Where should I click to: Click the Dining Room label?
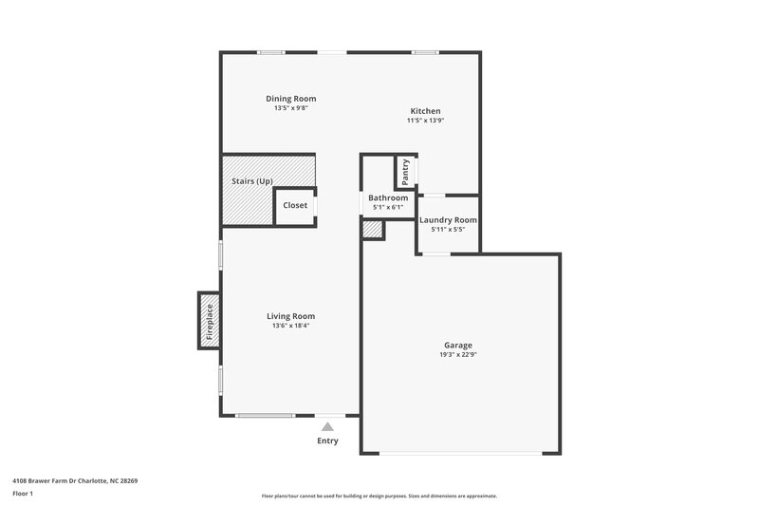pos(290,99)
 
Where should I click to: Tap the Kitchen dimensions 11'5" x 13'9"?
pos(425,121)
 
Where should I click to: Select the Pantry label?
pos(406,172)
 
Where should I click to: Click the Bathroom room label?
pos(388,197)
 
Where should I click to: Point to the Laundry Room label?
pos(448,219)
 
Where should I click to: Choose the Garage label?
pos(458,345)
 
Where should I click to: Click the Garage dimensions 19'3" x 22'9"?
pos(458,354)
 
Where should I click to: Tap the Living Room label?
pos(290,316)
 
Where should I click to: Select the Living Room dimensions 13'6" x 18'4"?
pos(290,326)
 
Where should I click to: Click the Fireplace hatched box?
pos(209,321)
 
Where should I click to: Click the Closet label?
pos(295,205)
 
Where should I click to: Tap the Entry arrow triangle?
pos(327,427)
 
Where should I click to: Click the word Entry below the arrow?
pos(327,440)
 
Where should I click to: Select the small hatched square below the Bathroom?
pos(372,229)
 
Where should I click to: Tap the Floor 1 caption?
pos(24,494)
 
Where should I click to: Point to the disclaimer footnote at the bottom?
pos(379,496)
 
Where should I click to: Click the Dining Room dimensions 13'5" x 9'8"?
pos(290,108)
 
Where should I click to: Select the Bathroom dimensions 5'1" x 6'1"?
pos(388,207)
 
